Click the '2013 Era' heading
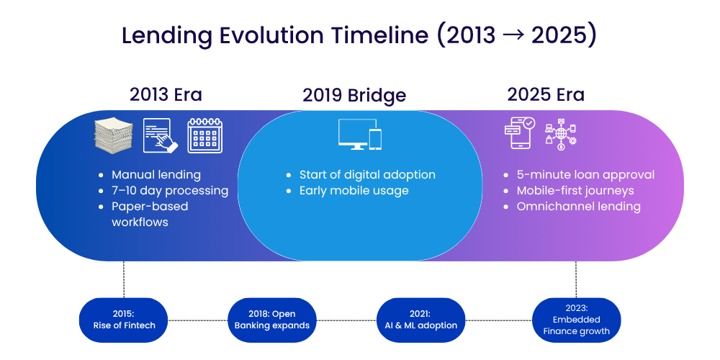[166, 94]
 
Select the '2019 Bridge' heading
[354, 96]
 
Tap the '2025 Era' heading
[546, 94]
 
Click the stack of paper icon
[114, 135]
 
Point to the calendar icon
[204, 135]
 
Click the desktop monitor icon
[357, 134]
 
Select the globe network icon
[561, 135]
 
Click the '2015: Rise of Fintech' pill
[124, 320]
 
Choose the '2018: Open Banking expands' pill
[272, 320]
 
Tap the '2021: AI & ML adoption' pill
[420, 320]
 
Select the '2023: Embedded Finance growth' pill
[576, 320]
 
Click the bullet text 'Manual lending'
[156, 175]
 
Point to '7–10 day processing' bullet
[170, 191]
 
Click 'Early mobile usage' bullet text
[354, 191]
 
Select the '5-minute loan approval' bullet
[585, 175]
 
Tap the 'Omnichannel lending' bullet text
[579, 206]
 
